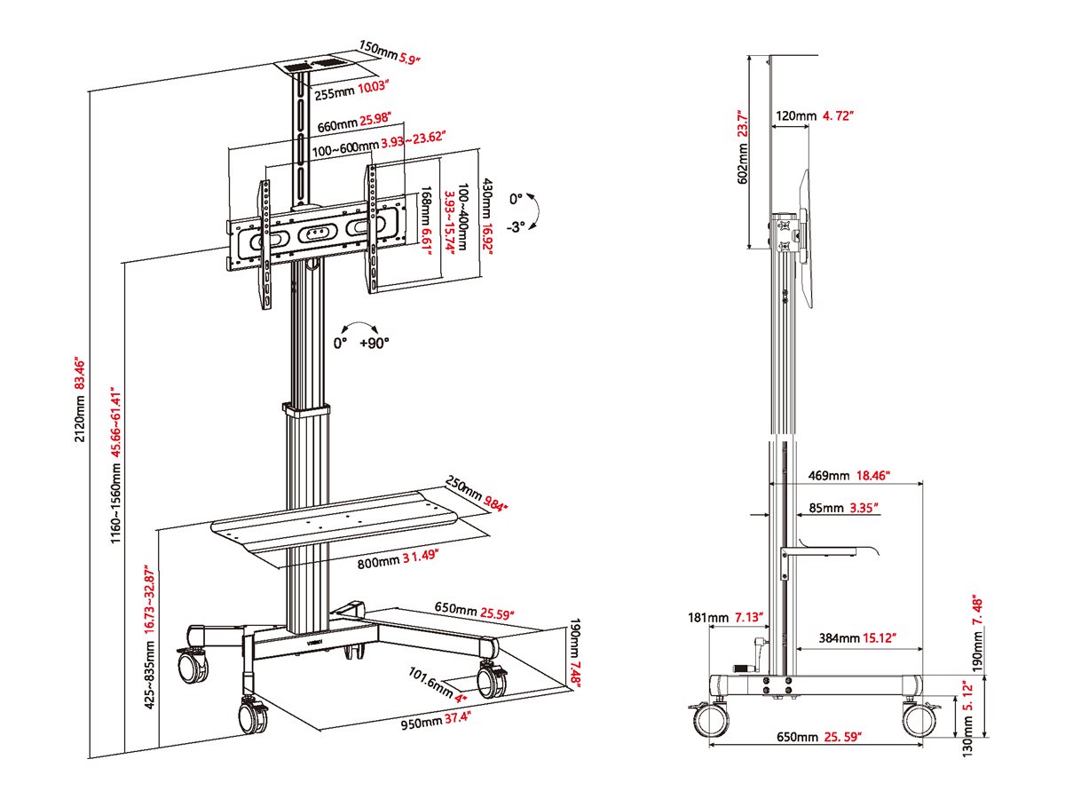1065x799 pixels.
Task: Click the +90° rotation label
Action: click(x=374, y=343)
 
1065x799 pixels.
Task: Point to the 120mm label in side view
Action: click(x=796, y=115)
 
